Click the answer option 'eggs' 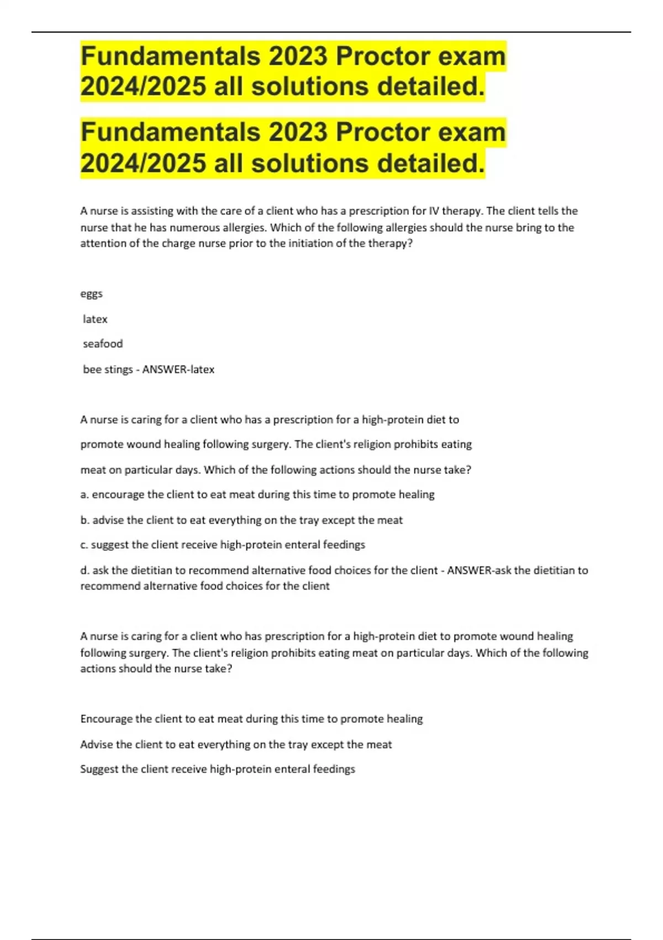(91, 294)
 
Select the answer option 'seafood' (103, 344)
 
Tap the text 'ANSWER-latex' (178, 369)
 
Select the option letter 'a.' (85, 495)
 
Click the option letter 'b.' (85, 520)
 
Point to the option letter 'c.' (84, 545)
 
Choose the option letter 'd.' (85, 570)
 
